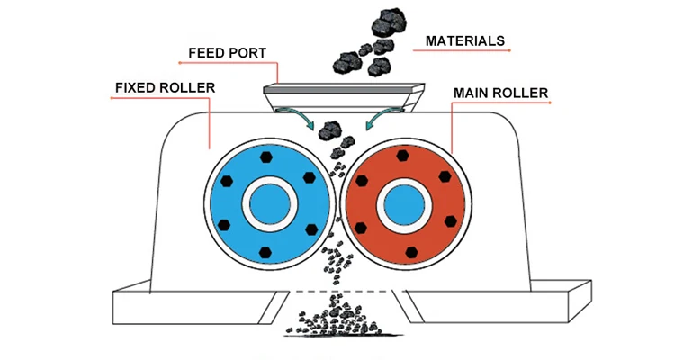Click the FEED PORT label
tap(227, 53)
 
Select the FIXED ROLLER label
tap(164, 88)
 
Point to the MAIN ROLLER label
tap(501, 93)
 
